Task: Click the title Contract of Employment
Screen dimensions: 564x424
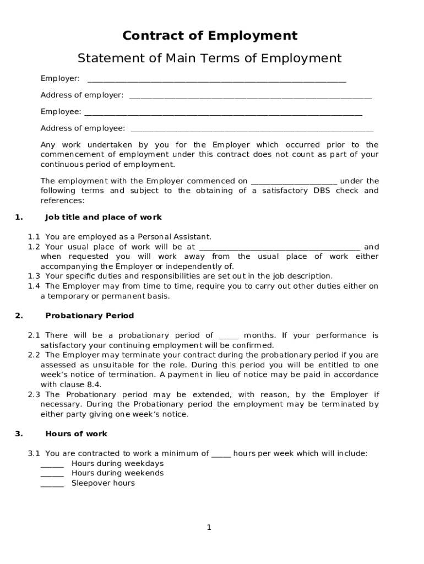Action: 210,36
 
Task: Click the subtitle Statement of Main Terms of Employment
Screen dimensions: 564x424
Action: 209,58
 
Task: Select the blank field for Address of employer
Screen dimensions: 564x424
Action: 250,97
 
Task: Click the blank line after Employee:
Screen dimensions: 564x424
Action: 222,113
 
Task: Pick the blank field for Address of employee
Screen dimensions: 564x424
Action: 252,130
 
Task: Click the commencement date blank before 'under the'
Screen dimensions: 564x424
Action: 293,182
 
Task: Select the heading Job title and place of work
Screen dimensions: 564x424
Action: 103,217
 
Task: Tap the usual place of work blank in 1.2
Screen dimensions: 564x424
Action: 279,248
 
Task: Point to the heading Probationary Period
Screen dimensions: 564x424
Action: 89,316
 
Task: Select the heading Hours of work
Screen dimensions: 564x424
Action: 76,433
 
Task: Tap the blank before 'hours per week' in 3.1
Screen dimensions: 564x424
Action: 221,455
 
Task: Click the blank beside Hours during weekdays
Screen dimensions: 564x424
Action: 52,465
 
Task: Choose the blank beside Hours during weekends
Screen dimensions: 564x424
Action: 52,475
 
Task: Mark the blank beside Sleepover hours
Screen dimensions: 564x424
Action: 52,485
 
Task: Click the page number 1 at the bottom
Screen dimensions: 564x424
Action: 209,528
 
